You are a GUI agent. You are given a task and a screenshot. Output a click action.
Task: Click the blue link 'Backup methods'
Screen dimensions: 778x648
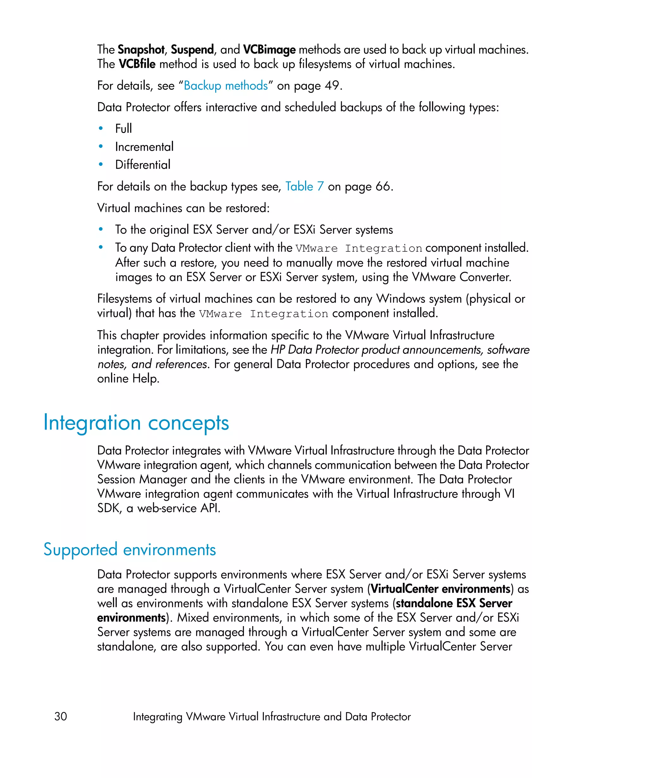pos(226,85)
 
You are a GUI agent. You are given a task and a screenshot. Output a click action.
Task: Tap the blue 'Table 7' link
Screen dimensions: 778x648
pos(304,186)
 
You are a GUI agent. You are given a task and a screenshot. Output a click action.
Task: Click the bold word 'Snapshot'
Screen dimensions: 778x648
pos(141,49)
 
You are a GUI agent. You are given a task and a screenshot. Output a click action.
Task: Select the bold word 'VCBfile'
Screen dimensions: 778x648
pos(137,64)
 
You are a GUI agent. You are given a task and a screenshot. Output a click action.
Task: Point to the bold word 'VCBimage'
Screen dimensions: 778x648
pos(269,49)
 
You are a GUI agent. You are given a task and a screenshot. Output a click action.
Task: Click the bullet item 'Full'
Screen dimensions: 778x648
pos(123,129)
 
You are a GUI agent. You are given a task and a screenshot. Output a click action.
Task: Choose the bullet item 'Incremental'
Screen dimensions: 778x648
pos(144,147)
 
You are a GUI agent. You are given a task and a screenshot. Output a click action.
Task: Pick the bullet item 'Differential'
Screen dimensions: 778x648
pos(143,165)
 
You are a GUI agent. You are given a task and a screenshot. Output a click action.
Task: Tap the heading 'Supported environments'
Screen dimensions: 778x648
pos(130,549)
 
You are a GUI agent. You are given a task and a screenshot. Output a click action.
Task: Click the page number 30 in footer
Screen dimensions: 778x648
pos(61,716)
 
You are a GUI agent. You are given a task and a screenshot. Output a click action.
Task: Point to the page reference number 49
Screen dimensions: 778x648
pos(331,85)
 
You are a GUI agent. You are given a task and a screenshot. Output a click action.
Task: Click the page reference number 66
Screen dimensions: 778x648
pos(383,186)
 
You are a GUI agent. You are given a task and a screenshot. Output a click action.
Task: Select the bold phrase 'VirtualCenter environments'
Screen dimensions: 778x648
pos(440,589)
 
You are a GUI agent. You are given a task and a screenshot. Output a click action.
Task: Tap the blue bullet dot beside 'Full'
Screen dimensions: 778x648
pos(101,129)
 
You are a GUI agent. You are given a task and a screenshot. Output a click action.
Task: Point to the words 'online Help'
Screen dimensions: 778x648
pos(128,379)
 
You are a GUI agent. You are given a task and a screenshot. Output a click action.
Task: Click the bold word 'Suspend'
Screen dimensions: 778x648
pos(192,49)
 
